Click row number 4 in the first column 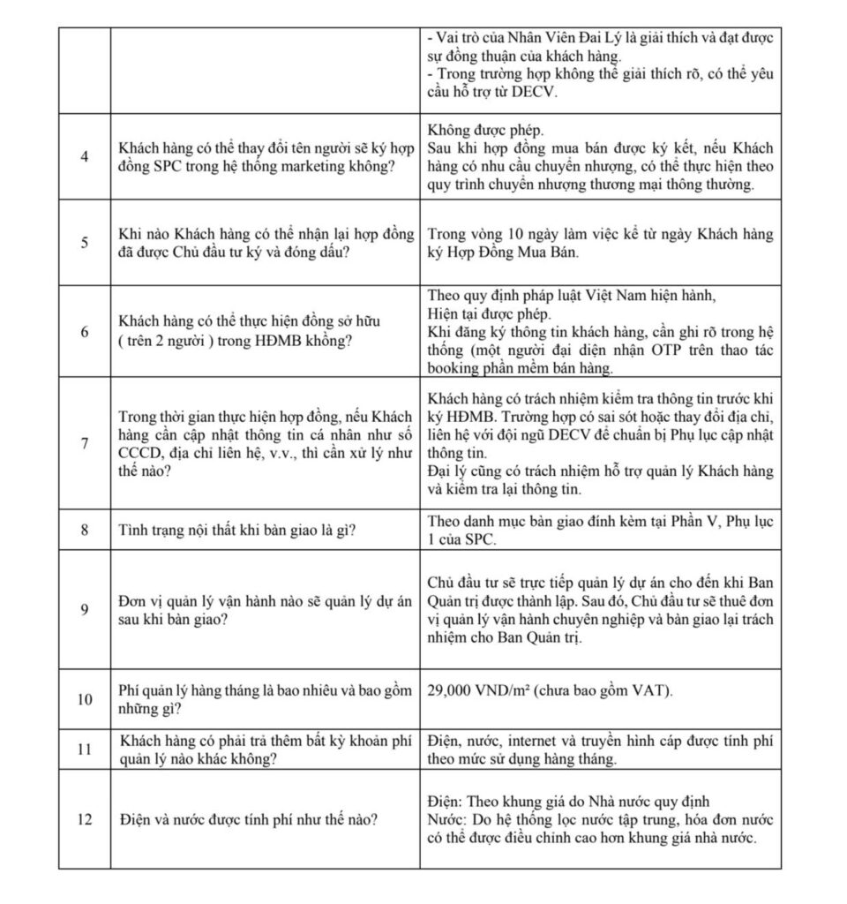tap(85, 157)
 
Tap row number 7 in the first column tap(85, 443)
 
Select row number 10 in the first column tap(85, 700)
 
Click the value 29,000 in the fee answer tap(453, 689)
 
